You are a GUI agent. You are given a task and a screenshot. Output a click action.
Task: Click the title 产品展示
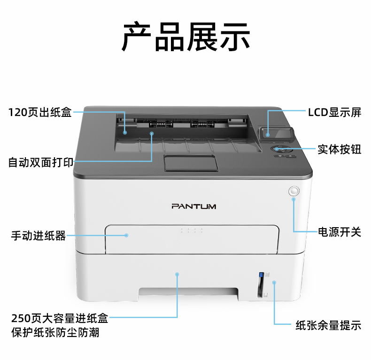pos(186,37)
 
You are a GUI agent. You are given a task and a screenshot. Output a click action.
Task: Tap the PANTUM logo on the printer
pos(194,206)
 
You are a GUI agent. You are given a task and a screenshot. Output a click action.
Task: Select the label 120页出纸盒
pos(40,112)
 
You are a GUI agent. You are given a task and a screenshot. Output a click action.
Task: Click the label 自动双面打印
pos(41,162)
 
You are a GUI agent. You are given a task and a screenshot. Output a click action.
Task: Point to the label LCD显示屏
pos(334,112)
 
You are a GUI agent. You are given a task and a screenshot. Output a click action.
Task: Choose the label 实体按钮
pos(340,149)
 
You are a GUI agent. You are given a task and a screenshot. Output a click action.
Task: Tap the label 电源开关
pos(340,232)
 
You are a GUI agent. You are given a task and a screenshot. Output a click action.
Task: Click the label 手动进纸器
pos(39,236)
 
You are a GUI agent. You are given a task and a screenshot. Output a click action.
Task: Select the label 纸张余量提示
pos(328,325)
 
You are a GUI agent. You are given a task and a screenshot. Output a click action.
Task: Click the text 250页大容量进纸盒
pos(60,318)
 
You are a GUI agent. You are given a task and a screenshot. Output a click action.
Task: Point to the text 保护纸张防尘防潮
pos(55,332)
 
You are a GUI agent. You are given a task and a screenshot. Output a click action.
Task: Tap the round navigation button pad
pos(282,149)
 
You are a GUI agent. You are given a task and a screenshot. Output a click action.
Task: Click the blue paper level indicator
pos(261,275)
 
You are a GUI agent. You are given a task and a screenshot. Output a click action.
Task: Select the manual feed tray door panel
pos(192,239)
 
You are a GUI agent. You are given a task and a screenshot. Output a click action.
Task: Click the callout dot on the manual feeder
pos(126,235)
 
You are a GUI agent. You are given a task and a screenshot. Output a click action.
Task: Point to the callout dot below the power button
pos(294,199)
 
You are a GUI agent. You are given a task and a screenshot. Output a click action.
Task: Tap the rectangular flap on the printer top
pos(191,163)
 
